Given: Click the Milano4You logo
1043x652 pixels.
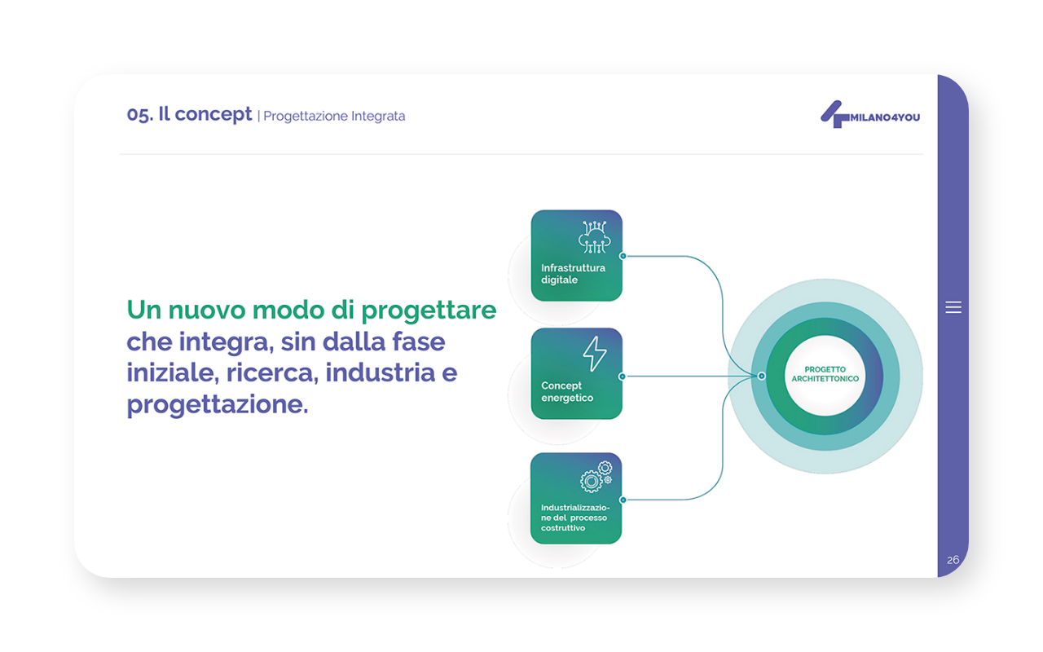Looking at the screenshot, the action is click(869, 115).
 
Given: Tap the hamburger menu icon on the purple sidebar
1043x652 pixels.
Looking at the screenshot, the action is click(953, 307).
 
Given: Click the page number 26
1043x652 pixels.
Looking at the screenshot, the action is click(953, 560).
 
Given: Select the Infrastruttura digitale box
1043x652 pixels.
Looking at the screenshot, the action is click(576, 256).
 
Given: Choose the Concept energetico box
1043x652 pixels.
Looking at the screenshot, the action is click(576, 373).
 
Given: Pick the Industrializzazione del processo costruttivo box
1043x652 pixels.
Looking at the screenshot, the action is click(576, 498).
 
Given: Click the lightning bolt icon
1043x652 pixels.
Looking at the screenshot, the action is click(595, 354).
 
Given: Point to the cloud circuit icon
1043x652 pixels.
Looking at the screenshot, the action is click(595, 237).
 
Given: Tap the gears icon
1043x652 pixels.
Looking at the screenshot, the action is click(596, 477).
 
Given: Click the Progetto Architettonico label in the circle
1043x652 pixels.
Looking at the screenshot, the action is click(825, 374).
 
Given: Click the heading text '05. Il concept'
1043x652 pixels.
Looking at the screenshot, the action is click(189, 115).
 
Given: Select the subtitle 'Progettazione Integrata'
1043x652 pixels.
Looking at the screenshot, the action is click(334, 116).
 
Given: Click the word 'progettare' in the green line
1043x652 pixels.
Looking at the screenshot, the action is click(429, 311).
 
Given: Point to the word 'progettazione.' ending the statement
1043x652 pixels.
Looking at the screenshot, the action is click(218, 405).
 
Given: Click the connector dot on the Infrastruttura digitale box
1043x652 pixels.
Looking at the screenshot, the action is click(623, 256).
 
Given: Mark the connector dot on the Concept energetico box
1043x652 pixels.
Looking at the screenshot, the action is click(623, 377).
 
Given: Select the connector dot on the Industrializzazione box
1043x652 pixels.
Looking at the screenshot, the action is click(623, 500).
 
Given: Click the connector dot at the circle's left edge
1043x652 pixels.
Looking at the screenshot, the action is click(761, 376).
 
